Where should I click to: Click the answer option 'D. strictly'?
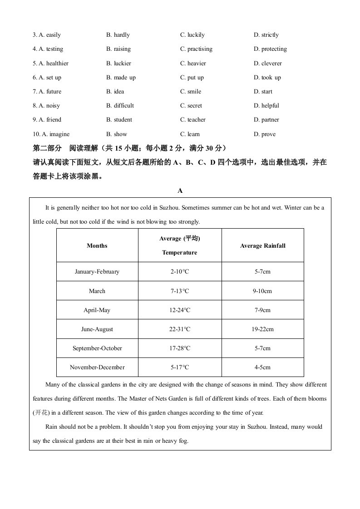266,35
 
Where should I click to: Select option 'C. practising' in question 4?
196,49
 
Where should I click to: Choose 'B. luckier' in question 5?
118,64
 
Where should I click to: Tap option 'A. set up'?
47,78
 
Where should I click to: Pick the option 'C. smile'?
191,92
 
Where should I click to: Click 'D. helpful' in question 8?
266,106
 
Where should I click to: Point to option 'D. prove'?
265,134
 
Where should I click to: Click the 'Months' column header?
97,246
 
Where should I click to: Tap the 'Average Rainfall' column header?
263,246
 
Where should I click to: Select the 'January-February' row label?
97,272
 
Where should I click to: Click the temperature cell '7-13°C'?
180,291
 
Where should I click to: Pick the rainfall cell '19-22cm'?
263,329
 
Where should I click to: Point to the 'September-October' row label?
97,348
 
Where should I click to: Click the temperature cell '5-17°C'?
180,367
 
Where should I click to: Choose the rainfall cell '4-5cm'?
263,367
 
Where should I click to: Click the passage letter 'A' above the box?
180,191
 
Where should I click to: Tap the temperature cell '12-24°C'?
180,310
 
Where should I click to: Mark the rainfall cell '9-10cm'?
263,291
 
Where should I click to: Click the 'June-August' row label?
97,329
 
